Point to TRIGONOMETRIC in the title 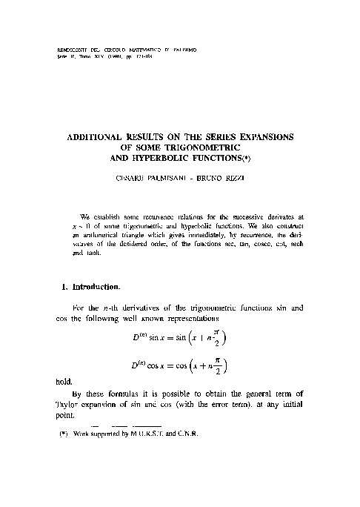199,147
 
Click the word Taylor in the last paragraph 70,431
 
